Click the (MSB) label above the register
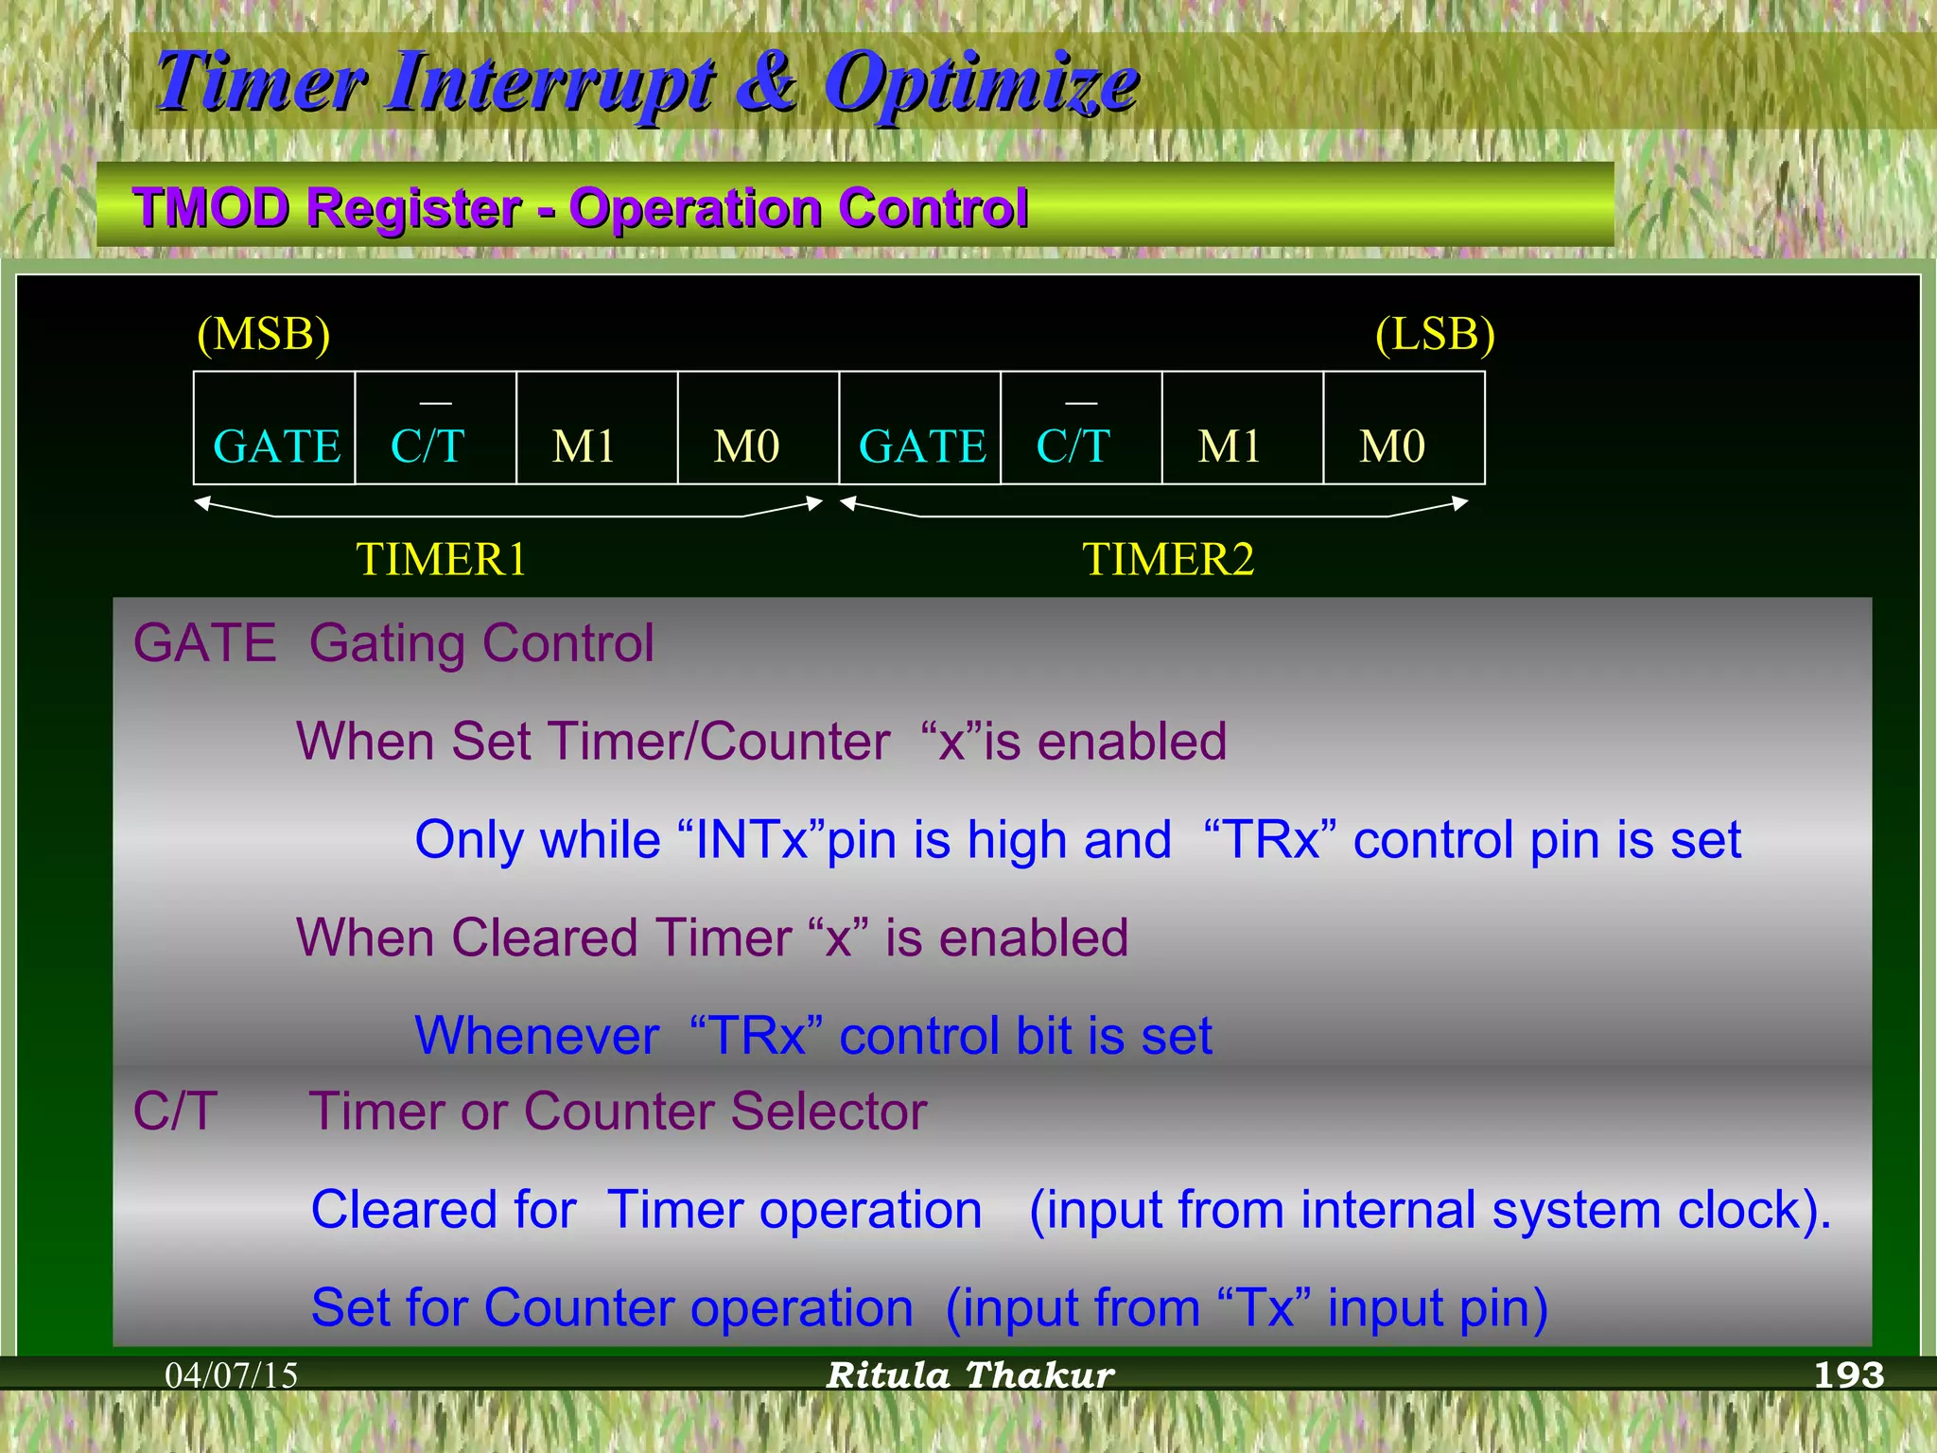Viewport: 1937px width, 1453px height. coord(264,335)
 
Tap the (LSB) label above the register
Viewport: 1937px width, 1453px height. coord(1434,335)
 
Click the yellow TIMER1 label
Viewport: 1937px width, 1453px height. coord(441,559)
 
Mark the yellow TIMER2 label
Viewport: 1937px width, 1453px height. coord(1168,559)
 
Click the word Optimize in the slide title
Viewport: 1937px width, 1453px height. coord(981,83)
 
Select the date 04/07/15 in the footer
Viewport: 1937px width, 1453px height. coord(232,1375)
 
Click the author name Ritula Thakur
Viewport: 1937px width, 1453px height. coord(970,1375)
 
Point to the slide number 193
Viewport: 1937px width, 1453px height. coord(1849,1375)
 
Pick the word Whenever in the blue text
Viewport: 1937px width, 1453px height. coord(537,1036)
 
